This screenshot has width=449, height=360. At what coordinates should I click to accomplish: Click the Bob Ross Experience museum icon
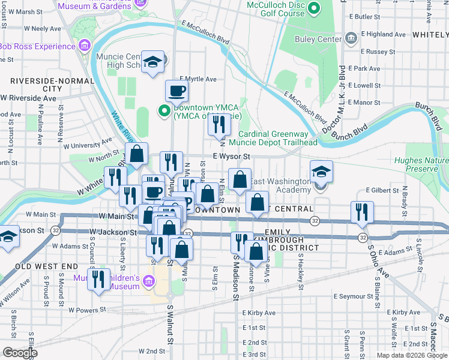point(84,46)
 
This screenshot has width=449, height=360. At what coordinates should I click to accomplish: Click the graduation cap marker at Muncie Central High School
point(153,62)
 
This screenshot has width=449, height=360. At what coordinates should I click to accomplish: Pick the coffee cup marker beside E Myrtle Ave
point(177,91)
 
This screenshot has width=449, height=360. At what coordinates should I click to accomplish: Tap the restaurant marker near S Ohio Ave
point(362,212)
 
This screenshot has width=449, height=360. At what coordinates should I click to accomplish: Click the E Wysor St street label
point(231,156)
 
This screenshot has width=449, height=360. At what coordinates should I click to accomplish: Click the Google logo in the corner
point(19,353)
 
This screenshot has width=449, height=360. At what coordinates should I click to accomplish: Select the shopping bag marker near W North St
point(137,154)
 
